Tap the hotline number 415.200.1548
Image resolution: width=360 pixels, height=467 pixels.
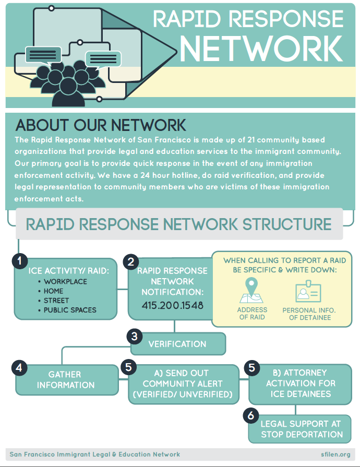(173, 305)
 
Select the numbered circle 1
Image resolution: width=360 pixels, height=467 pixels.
(20, 261)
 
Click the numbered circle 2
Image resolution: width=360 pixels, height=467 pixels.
(131, 261)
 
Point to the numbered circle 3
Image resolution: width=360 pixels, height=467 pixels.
(135, 337)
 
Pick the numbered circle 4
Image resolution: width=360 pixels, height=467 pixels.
(19, 367)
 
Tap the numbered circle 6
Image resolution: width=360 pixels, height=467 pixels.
(251, 415)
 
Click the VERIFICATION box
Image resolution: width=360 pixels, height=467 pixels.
(177, 344)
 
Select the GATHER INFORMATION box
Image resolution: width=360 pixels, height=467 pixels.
(66, 380)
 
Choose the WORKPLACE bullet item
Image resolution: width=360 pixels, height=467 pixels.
(65, 282)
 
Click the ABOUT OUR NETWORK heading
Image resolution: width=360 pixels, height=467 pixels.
(101, 125)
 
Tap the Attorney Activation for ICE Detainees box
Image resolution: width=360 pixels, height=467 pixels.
(300, 384)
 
